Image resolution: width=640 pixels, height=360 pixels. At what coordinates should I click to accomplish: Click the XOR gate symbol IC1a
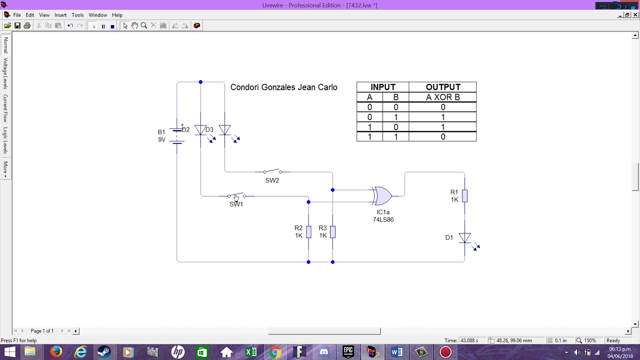coord(382,196)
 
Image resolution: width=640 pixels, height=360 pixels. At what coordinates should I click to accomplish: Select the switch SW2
coord(272,171)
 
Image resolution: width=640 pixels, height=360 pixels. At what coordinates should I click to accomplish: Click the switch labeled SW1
coord(236,196)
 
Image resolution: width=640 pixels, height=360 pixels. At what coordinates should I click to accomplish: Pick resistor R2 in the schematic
coord(308,232)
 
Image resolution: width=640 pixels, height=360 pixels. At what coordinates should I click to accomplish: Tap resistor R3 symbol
coord(332,232)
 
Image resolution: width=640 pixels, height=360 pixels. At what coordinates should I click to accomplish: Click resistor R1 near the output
coord(464,196)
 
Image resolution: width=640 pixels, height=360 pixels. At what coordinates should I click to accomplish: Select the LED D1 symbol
coord(464,238)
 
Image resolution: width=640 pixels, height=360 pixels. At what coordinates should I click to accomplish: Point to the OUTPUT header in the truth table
coord(442,87)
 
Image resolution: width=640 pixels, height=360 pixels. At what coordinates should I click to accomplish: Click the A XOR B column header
coord(442,97)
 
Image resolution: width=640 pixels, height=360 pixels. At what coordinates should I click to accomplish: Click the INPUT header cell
coord(382,87)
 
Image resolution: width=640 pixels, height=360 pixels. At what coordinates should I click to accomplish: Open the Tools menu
coord(77,15)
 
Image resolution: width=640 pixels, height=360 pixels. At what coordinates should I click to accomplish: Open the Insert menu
coord(60,15)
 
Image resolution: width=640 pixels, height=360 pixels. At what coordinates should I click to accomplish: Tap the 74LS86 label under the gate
coord(383,219)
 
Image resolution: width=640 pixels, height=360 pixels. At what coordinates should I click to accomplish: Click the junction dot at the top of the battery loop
coord(200,82)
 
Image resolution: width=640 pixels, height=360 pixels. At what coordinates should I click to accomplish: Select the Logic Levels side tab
coord(5,140)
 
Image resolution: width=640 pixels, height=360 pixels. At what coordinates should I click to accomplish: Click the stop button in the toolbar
coord(112,26)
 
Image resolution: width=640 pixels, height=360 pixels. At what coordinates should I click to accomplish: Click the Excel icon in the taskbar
coord(251,352)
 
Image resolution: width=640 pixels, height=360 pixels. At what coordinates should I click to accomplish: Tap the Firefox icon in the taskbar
coord(56,352)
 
